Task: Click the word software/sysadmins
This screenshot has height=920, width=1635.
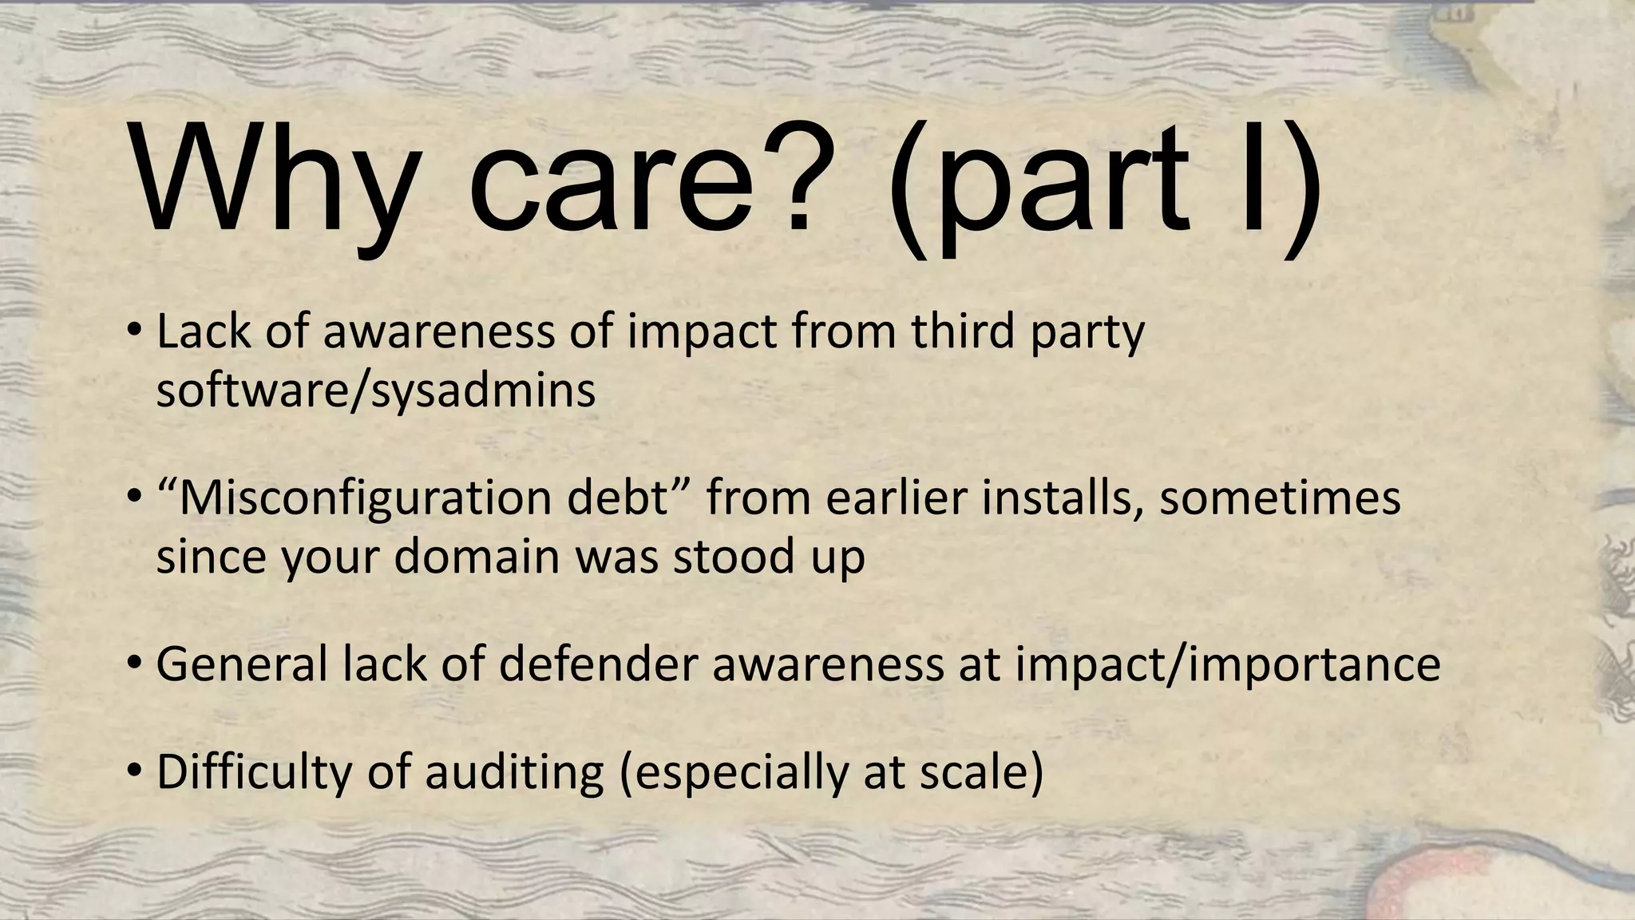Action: coord(375,391)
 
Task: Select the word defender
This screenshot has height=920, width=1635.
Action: coord(599,664)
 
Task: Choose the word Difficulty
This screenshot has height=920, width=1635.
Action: coord(254,772)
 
